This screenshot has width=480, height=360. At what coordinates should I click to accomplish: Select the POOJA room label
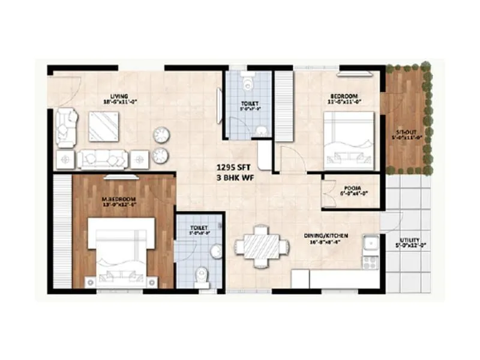tap(352, 187)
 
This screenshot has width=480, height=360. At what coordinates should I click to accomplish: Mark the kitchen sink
tap(371, 242)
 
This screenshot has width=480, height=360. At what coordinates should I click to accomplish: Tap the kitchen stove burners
tap(370, 262)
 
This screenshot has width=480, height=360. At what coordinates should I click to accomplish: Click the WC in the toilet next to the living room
tap(247, 80)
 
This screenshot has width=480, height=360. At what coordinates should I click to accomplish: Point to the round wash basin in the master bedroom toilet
tap(216, 251)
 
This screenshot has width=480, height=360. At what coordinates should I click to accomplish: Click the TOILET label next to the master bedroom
tap(199, 228)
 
